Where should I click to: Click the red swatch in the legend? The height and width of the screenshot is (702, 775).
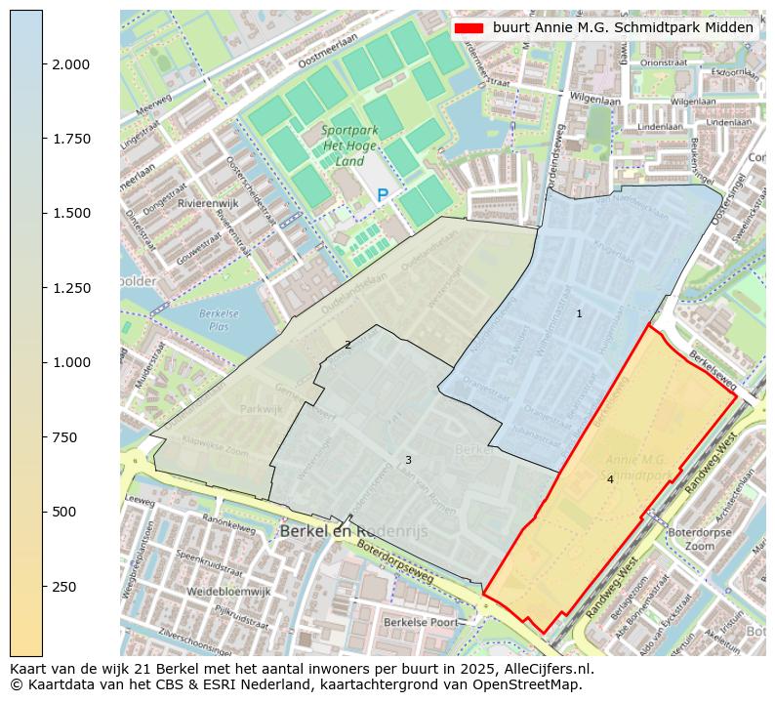point(469,28)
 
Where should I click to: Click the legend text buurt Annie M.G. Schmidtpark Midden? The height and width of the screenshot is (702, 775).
point(624,28)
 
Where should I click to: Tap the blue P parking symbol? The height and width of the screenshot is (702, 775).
point(383,195)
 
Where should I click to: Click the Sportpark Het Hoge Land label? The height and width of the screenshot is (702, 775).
point(344,145)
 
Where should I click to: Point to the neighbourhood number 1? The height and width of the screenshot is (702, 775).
point(579,313)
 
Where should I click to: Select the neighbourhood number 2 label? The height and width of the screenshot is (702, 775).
point(347,345)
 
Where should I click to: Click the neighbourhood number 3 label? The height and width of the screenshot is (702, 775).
point(408,460)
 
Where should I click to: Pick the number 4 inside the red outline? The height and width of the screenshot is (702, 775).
point(610,479)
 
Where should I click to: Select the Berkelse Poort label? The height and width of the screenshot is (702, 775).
point(420,622)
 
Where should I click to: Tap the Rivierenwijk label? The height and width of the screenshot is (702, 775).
point(208,203)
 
